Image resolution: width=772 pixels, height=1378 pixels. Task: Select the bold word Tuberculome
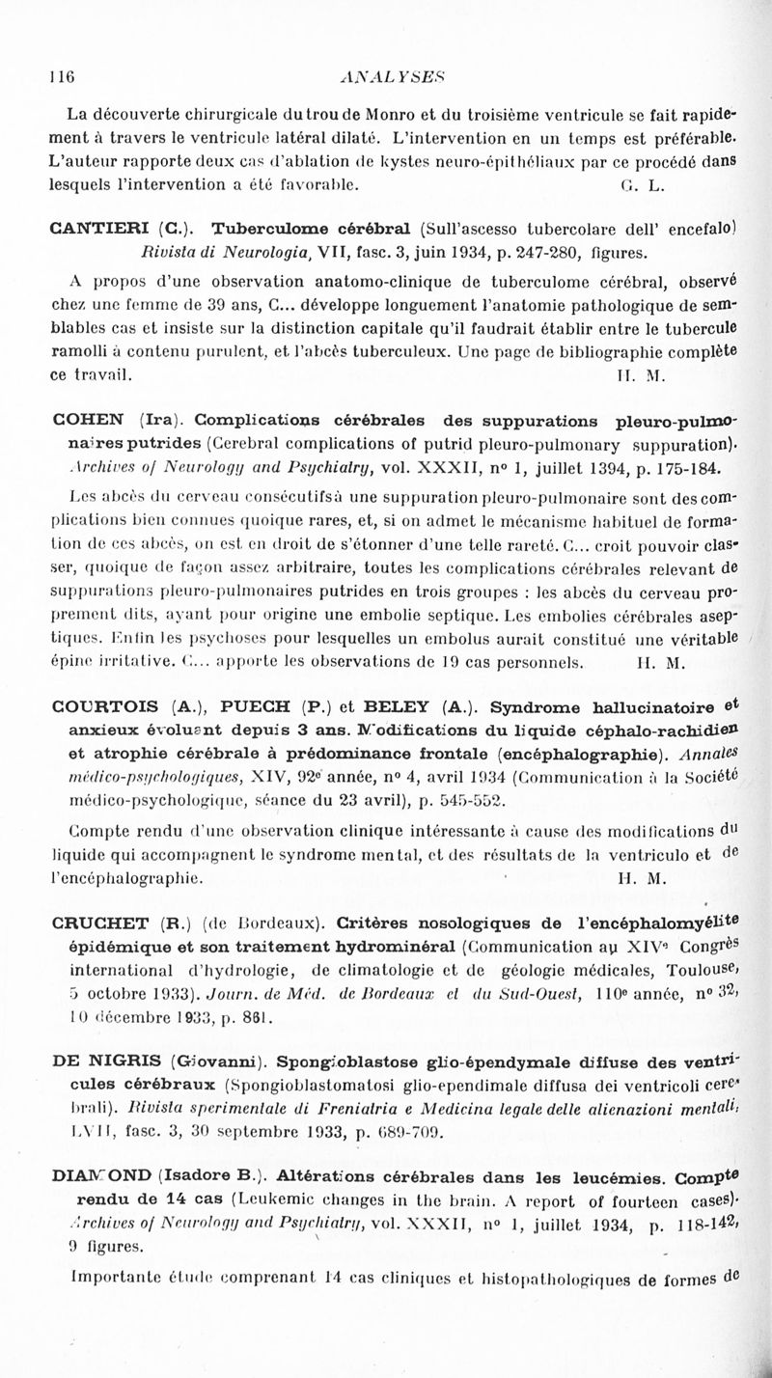click(x=267, y=231)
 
